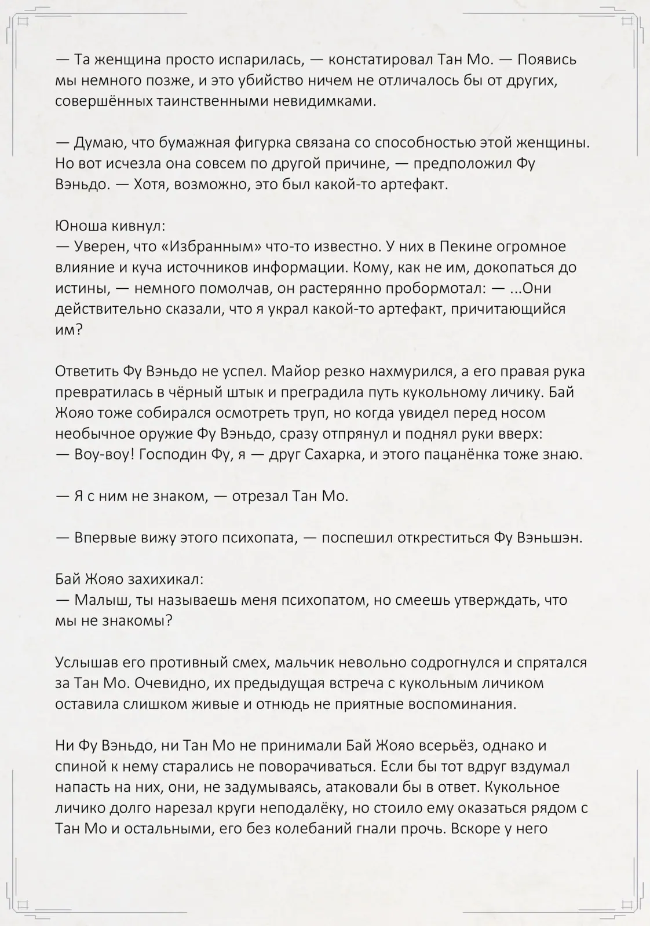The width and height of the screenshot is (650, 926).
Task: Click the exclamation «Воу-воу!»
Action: [x=98, y=454]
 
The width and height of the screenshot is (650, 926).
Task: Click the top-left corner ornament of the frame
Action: [x=24, y=22]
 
